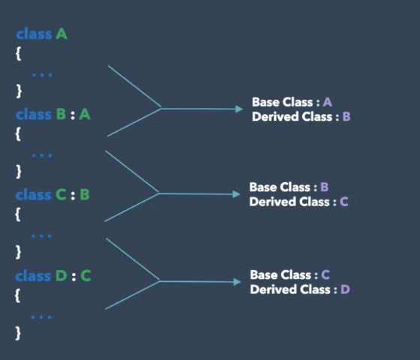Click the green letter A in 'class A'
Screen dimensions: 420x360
[61, 34]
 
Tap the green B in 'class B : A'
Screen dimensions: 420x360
[61, 115]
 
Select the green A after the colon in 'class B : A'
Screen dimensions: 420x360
[85, 115]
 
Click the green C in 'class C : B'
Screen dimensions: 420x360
[61, 195]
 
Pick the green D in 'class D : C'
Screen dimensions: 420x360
[61, 276]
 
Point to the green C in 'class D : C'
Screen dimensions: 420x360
[85, 276]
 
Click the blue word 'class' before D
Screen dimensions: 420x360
[33, 276]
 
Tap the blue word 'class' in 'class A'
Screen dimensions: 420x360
[34, 34]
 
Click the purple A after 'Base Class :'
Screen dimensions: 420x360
[328, 102]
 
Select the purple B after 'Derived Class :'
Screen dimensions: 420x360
[346, 116]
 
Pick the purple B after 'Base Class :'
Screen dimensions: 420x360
[324, 187]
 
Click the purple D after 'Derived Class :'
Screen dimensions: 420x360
[345, 289]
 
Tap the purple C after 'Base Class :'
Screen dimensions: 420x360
[325, 274]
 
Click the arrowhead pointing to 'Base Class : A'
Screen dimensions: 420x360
[239, 109]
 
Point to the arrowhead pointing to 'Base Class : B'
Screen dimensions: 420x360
[236, 194]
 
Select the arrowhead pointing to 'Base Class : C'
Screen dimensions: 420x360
[237, 282]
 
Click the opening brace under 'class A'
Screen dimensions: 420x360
[19, 53]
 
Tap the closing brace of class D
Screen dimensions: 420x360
[18, 333]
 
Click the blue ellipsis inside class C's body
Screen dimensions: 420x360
[41, 236]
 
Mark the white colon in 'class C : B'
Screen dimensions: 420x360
[73, 195]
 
